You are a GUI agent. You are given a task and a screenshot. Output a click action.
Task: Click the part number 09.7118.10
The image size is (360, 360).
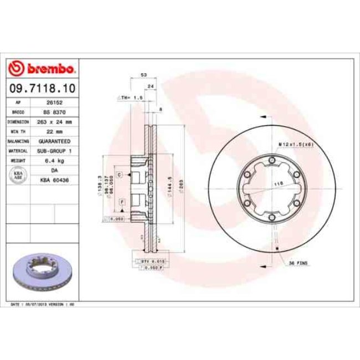click(x=42, y=88)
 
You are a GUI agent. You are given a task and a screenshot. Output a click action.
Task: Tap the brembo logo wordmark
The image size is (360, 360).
click(x=42, y=68)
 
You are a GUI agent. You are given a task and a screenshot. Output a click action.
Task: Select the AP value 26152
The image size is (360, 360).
click(x=54, y=103)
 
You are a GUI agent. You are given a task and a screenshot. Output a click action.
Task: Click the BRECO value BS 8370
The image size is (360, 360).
click(x=54, y=112)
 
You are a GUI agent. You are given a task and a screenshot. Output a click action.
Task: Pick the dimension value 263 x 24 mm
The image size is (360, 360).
click(x=54, y=121)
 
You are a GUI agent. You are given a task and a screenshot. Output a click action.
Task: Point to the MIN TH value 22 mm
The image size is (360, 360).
click(x=54, y=131)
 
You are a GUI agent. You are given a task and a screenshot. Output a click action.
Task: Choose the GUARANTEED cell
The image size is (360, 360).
click(x=54, y=141)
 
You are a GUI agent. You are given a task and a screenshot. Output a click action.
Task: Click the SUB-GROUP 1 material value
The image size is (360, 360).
click(x=54, y=151)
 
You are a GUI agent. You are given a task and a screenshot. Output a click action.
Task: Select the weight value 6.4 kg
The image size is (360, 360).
click(x=54, y=160)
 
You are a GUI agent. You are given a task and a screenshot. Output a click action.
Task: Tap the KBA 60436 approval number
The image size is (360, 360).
click(x=54, y=179)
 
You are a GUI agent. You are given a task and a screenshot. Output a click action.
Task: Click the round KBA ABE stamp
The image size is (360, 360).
click(x=17, y=175)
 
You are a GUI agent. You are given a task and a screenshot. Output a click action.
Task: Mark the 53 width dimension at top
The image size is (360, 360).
click(x=144, y=74)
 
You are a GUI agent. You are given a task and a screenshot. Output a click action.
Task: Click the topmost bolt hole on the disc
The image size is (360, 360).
click(x=272, y=161)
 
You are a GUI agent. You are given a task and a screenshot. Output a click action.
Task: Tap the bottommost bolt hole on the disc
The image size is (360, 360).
click(x=272, y=219)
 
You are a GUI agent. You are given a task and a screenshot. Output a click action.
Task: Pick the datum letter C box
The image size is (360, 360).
click(x=119, y=175)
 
